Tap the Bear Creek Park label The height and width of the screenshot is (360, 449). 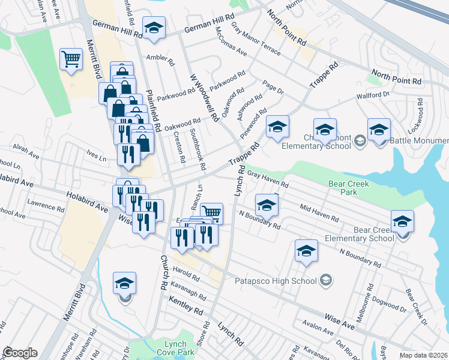click(x=349, y=188)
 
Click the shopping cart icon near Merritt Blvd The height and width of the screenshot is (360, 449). click(x=71, y=59)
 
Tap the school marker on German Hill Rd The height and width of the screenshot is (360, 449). click(x=154, y=28)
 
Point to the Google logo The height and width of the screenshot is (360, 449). click(x=20, y=353)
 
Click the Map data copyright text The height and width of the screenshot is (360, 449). click(x=423, y=355)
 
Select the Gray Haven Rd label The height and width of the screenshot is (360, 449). click(x=268, y=181)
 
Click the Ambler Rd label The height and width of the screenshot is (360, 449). click(x=160, y=61)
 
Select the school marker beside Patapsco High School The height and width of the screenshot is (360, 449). click(x=306, y=251)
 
